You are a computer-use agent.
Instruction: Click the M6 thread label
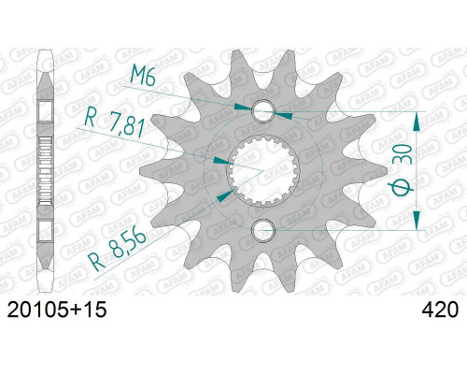click(x=143, y=76)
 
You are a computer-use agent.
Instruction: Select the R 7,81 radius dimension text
click(x=115, y=123)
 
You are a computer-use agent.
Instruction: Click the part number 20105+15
click(x=57, y=309)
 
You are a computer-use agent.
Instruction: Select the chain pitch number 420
click(x=440, y=309)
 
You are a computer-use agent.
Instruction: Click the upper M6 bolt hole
click(x=264, y=111)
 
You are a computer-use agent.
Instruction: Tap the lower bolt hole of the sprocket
click(x=264, y=230)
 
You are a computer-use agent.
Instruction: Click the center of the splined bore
click(x=263, y=171)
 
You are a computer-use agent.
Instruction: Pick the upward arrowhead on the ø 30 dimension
click(x=417, y=122)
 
